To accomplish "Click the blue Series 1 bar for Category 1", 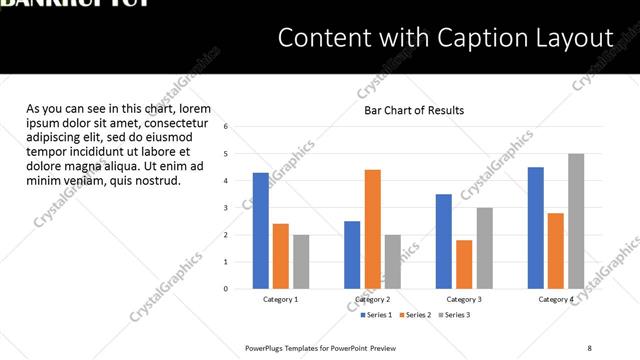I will (x=261, y=231).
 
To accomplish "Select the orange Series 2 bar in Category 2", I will (x=372, y=229).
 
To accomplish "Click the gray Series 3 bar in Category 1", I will (x=301, y=262).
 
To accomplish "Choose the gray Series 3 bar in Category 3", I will (x=484, y=248).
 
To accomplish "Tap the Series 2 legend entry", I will (x=415, y=315).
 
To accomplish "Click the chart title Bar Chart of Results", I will (x=413, y=110).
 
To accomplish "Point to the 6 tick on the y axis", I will (x=227, y=127).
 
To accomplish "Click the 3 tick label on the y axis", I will (x=227, y=208).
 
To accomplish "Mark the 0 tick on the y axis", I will (x=227, y=289).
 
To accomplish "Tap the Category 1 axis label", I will (x=281, y=299).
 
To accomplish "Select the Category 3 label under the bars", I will (x=464, y=299).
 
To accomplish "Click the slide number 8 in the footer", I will (x=589, y=347).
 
